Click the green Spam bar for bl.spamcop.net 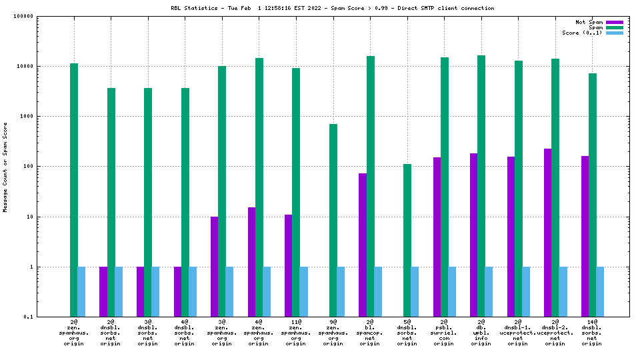coord(370,186)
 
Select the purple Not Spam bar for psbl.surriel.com coord(437,237)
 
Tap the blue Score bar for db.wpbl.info coord(489,291)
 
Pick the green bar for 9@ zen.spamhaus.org coord(333,220)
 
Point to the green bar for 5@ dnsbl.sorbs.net coord(407,240)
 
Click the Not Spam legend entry coord(590,22)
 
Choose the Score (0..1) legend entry coord(582,33)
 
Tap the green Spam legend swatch coord(614,27)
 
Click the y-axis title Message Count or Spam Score coord(5,167)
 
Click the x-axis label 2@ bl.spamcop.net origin coord(369,333)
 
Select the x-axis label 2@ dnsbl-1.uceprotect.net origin coord(518,333)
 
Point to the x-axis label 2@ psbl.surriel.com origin coord(444,333)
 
